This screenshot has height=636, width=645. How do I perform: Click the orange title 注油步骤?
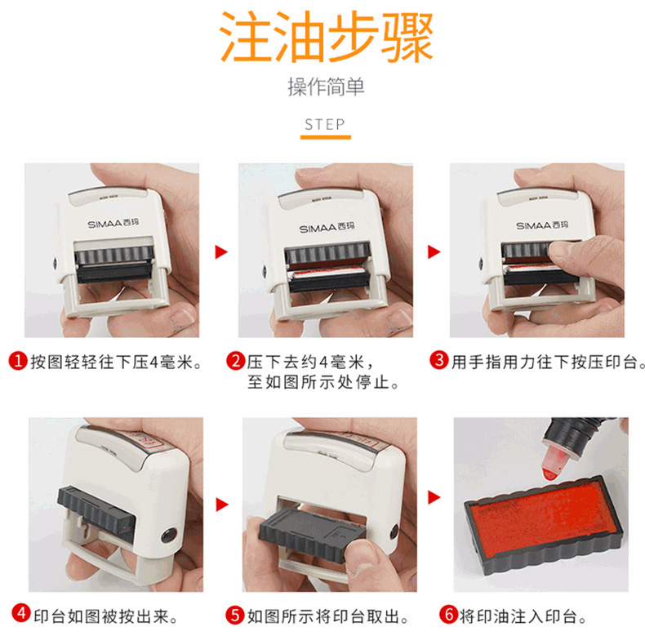(x=327, y=37)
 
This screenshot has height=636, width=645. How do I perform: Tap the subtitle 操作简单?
(x=326, y=87)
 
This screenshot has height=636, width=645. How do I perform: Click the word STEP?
(x=325, y=124)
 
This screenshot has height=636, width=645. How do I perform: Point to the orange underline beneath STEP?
(x=326, y=137)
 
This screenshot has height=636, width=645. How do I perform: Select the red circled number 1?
(x=18, y=361)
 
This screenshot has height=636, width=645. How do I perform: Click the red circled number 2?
(x=236, y=361)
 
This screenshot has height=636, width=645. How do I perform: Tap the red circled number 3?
(x=439, y=360)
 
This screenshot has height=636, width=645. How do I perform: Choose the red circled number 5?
(x=235, y=615)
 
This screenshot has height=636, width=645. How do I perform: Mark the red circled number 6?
(x=448, y=614)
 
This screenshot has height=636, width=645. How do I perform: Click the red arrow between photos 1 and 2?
(x=221, y=251)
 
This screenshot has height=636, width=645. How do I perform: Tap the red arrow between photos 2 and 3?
(x=434, y=251)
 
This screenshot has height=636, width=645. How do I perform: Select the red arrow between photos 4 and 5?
(x=222, y=505)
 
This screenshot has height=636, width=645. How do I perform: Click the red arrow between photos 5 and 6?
(x=434, y=497)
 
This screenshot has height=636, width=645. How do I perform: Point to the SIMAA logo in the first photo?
(x=113, y=224)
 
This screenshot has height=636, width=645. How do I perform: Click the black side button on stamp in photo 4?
(x=169, y=536)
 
